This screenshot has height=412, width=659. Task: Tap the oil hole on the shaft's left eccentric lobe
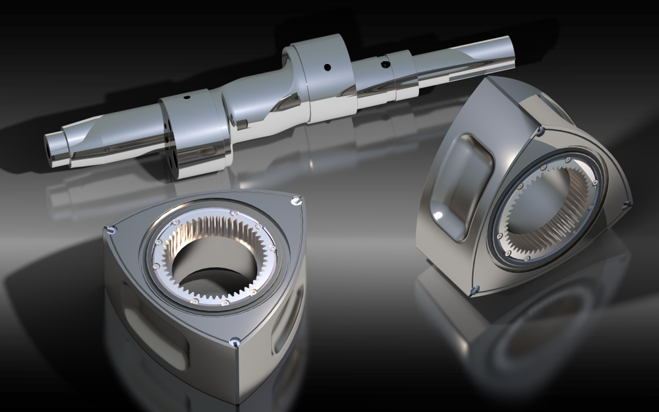click(x=186, y=98)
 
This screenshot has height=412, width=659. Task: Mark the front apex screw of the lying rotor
click(x=235, y=341)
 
